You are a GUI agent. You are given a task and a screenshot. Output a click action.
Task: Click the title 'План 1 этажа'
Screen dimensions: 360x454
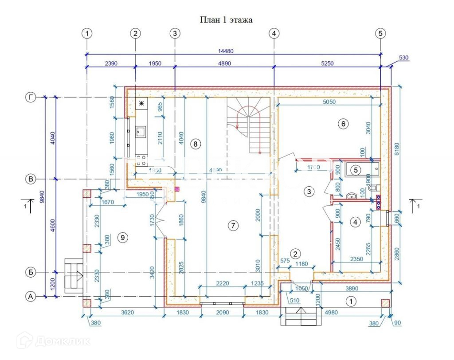[x=227, y=20]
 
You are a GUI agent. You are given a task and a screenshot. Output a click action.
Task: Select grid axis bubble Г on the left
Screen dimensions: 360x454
[x=31, y=97]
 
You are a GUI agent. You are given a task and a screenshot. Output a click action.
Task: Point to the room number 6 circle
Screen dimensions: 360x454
[x=342, y=124]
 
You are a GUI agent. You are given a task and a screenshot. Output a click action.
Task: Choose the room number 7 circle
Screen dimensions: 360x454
[x=233, y=226]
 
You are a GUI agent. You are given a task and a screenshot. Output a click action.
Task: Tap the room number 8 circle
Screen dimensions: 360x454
[x=195, y=143]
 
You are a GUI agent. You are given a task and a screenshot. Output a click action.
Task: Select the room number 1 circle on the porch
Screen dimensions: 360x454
[x=351, y=302]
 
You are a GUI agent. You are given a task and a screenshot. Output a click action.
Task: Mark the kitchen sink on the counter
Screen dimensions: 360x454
[x=141, y=131]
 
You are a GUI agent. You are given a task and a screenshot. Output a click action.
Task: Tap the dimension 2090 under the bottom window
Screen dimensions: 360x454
[x=222, y=313]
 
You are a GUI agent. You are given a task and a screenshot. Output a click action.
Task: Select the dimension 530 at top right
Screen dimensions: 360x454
[x=403, y=58]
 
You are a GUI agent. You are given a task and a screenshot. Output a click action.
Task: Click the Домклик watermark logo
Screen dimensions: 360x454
[x=53, y=341]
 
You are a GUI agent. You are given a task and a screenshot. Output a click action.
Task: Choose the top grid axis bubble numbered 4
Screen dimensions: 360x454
[x=274, y=33]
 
